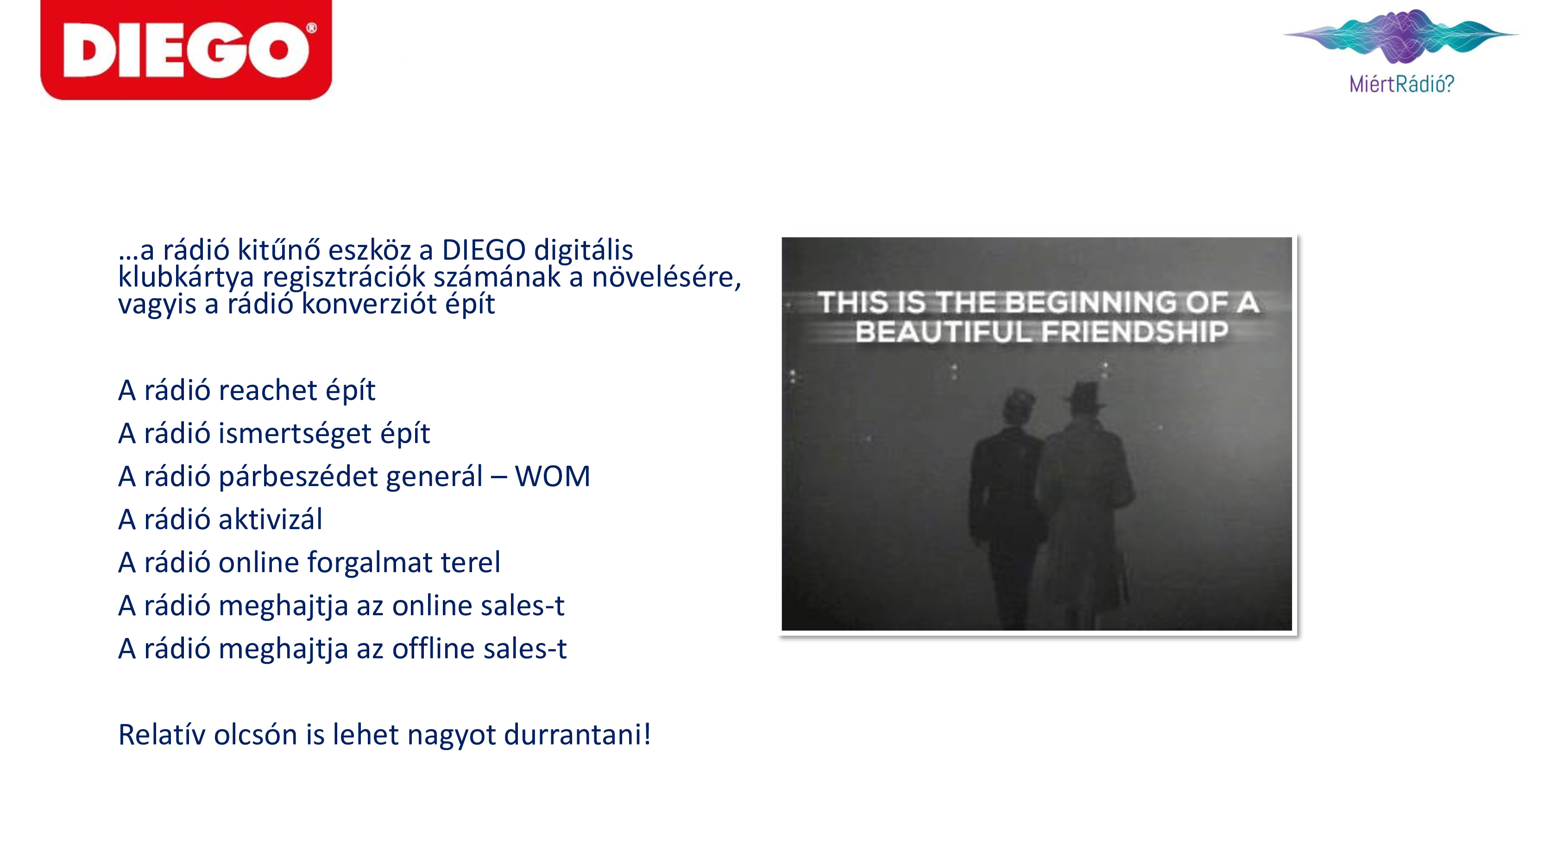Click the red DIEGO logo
[x=186, y=49]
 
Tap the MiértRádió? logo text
[x=1401, y=84]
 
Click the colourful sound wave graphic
[x=1401, y=36]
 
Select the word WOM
[x=552, y=477]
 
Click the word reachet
[x=268, y=391]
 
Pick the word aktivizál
[x=271, y=519]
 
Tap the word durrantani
[x=573, y=735]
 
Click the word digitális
[x=583, y=251]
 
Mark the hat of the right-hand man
[x=1085, y=395]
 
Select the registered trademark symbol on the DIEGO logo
[x=311, y=28]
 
